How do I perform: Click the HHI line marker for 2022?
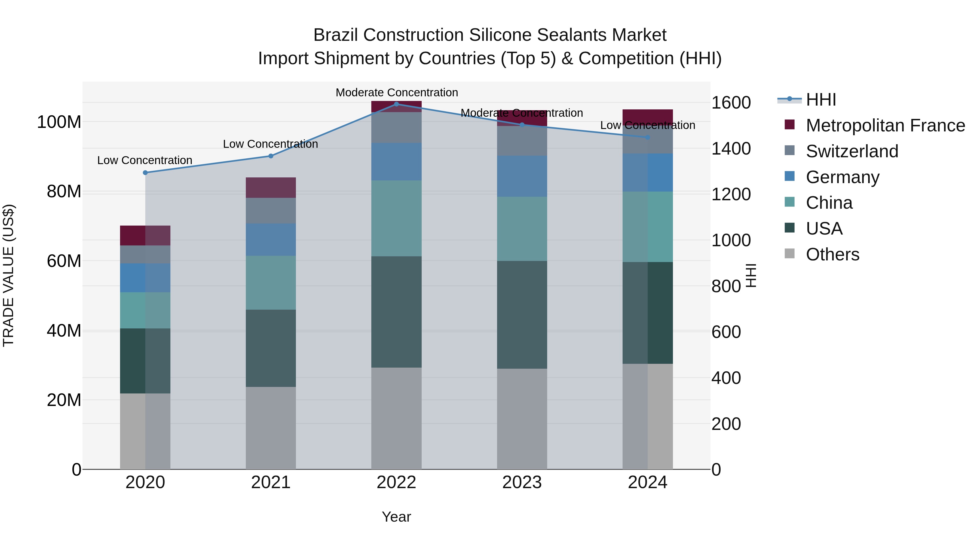pos(396,104)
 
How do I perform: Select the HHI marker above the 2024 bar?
pos(648,137)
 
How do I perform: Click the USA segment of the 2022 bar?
pos(396,312)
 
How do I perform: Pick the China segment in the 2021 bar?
pos(271,282)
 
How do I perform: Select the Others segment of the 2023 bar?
pos(522,418)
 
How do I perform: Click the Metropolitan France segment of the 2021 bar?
pos(271,187)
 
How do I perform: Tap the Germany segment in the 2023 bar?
pos(522,176)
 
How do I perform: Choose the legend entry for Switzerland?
pos(852,151)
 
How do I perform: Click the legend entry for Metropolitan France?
pos(885,125)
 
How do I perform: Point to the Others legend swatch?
pos(789,254)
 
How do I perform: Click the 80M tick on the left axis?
pos(64,192)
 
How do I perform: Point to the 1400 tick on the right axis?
pos(731,149)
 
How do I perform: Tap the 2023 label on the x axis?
pos(522,482)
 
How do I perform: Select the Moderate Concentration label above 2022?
pos(396,93)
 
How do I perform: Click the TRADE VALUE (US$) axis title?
pos(8,275)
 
